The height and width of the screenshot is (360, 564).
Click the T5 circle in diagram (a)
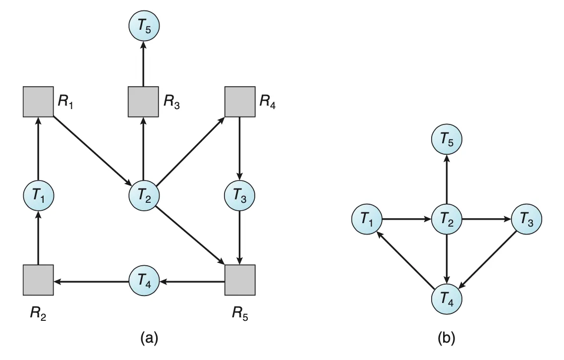point(144,26)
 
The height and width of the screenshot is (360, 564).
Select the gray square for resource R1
point(38,102)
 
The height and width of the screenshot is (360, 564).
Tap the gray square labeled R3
point(144,102)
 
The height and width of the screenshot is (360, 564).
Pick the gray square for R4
point(240,102)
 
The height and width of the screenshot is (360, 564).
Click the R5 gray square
point(240,280)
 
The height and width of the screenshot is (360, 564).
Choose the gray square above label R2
point(38,280)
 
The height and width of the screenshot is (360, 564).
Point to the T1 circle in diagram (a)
point(39,196)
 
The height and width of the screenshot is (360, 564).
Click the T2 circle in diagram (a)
point(144,196)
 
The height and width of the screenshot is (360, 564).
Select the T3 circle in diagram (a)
point(239,196)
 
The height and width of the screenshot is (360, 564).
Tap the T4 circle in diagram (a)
point(144,281)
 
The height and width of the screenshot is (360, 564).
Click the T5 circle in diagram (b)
point(447,140)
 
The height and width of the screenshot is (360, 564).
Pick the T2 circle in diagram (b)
point(447,219)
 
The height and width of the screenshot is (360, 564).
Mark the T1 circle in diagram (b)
point(367,219)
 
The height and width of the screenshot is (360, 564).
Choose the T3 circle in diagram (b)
point(527,219)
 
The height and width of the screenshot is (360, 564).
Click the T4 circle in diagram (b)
point(447,299)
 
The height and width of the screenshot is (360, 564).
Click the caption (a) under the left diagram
point(149,338)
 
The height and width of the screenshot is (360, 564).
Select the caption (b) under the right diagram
point(447,338)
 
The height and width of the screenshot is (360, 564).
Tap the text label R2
point(38,313)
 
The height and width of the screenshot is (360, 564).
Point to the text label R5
point(240,313)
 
